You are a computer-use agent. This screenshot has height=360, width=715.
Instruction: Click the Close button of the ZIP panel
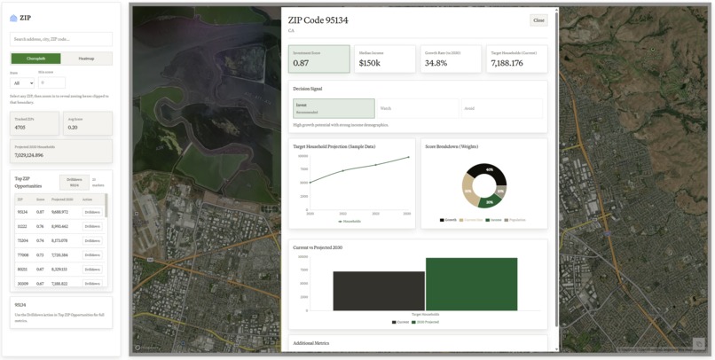click(x=538, y=20)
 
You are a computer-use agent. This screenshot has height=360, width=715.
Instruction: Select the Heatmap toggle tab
click(x=86, y=59)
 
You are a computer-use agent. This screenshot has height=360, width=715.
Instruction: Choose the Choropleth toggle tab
click(x=35, y=59)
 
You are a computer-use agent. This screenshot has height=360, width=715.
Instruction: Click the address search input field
click(x=61, y=39)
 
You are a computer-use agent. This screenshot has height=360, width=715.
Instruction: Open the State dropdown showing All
click(x=22, y=82)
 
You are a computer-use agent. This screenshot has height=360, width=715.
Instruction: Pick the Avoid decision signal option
click(x=501, y=108)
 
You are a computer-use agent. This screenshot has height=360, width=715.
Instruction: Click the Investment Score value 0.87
click(x=302, y=63)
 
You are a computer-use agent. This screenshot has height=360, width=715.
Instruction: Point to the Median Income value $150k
click(x=369, y=63)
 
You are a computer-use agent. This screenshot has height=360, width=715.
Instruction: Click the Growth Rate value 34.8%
click(x=436, y=63)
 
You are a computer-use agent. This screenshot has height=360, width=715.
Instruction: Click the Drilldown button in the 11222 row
click(x=92, y=226)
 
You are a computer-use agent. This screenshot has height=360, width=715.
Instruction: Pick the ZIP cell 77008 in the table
click(x=22, y=254)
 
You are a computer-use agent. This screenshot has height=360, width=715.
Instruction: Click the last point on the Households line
click(x=409, y=157)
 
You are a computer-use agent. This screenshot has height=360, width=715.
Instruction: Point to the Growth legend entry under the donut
click(x=449, y=220)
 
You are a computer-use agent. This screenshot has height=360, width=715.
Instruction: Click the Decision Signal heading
click(x=308, y=89)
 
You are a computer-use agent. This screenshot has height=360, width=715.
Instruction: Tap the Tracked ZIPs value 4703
click(x=20, y=127)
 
